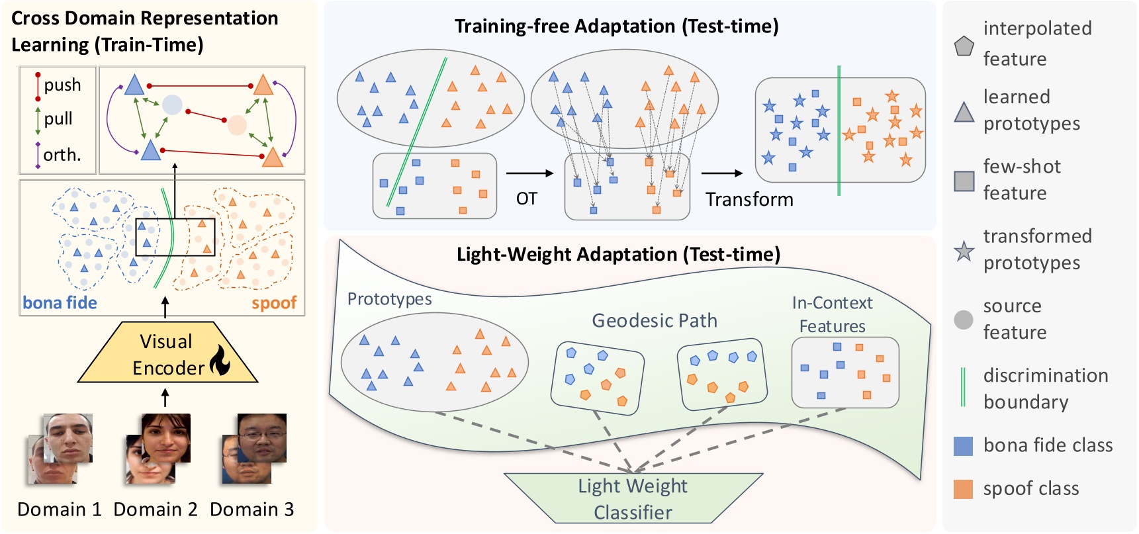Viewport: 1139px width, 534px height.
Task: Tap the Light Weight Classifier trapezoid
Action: [633, 498]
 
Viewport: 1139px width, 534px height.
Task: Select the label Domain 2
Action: [156, 510]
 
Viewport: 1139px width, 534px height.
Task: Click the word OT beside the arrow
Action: [527, 199]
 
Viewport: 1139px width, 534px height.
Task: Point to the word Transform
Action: [749, 199]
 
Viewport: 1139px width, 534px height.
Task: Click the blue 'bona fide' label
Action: [60, 303]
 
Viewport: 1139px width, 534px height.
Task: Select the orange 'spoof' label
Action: [274, 303]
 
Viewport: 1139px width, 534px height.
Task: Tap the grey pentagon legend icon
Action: [964, 46]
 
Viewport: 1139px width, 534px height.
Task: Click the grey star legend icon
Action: [964, 251]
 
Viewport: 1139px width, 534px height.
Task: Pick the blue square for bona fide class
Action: [964, 446]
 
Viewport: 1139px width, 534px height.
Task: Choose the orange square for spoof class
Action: [964, 489]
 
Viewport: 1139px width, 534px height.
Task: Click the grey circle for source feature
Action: [964, 320]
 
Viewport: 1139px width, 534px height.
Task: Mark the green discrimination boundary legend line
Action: [964, 387]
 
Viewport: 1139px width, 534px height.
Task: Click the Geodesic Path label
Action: [654, 321]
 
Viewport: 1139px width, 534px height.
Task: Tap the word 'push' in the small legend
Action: [62, 85]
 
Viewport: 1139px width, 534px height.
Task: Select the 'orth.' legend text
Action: [62, 155]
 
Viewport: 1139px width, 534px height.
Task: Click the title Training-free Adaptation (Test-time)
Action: [616, 26]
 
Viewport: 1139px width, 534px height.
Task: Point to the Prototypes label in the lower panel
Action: [389, 299]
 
